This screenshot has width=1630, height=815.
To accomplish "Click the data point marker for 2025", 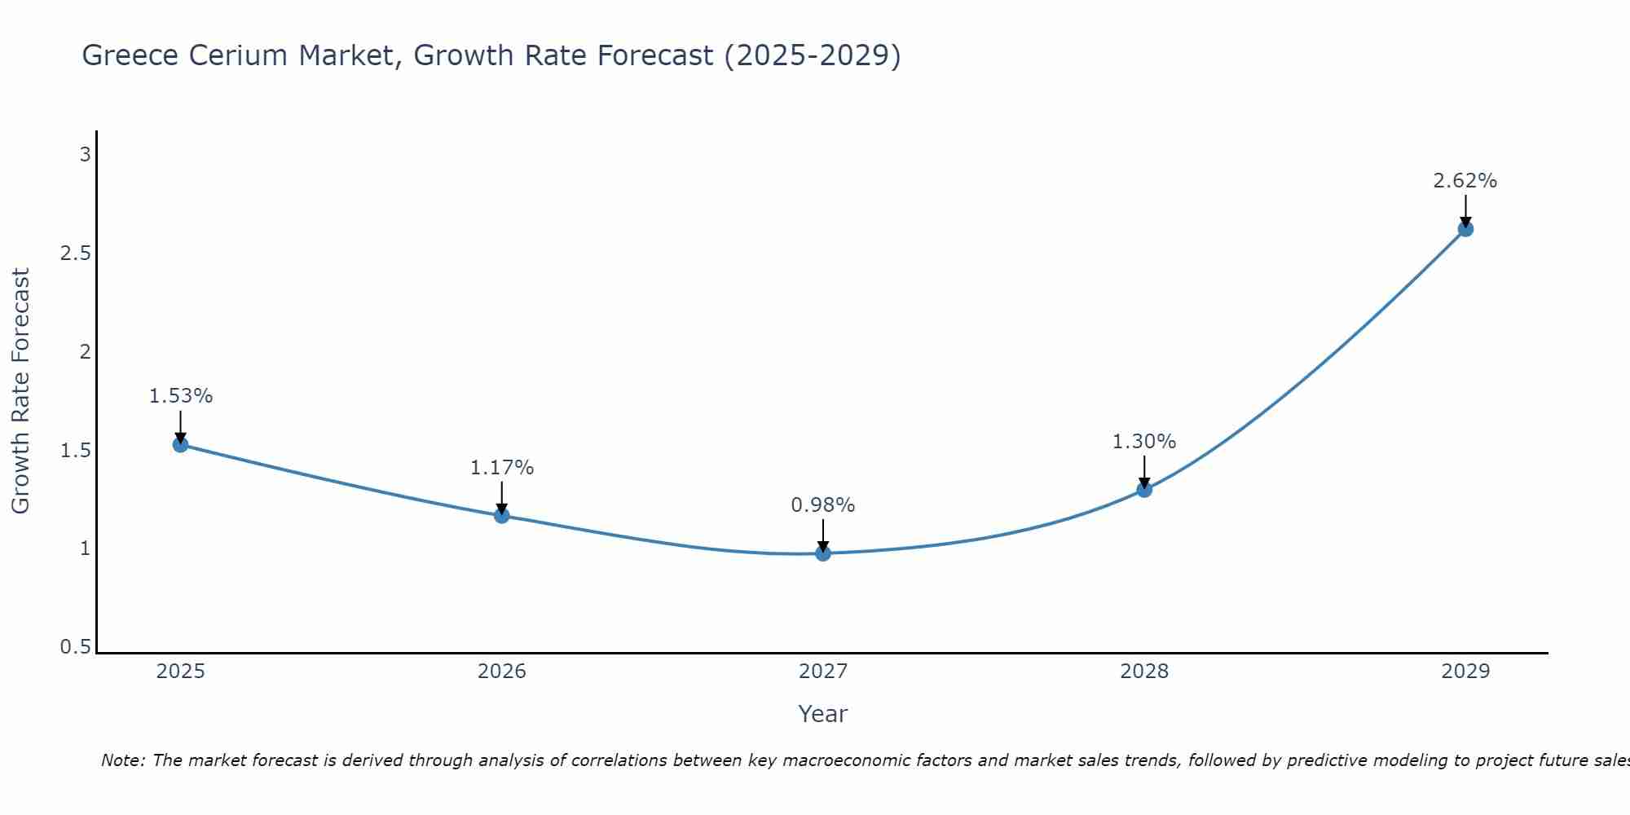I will click(x=180, y=444).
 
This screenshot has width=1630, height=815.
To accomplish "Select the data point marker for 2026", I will click(x=501, y=515).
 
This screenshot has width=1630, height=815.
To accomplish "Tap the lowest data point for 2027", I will click(x=823, y=553).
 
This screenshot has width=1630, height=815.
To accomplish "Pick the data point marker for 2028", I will click(x=1144, y=490).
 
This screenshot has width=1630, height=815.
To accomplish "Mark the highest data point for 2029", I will click(x=1465, y=229).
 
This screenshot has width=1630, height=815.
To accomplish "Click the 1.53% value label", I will click(x=180, y=396).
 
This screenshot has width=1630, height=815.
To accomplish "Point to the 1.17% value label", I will click(x=501, y=468).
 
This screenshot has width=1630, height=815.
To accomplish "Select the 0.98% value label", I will click(x=823, y=505).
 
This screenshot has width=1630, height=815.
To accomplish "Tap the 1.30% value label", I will click(x=1144, y=442).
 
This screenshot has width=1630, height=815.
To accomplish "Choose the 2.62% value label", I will click(x=1465, y=181).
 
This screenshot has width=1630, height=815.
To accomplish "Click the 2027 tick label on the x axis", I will click(x=823, y=672).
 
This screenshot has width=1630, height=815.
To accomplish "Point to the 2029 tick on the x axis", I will click(x=1465, y=672).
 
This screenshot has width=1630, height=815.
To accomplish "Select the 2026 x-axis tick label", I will click(x=501, y=672).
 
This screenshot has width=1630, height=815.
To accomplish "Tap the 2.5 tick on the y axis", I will click(x=75, y=253).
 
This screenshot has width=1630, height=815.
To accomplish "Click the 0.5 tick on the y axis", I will click(x=75, y=647).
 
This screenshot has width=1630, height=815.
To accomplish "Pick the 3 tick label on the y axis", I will click(x=85, y=155).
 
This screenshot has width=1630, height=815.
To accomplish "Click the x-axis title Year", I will click(x=823, y=714).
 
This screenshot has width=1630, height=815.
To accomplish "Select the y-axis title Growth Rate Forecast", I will click(x=20, y=391).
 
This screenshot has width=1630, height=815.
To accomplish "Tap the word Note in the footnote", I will click(x=122, y=760).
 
